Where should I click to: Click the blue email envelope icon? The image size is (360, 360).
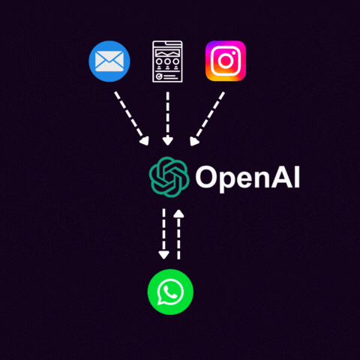point(109,61)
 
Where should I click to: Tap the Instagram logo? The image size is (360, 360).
point(226,61)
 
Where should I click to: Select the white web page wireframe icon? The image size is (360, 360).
point(167,61)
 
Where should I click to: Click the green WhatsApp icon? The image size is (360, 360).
point(170,292)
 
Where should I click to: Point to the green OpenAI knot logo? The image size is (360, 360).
point(169,177)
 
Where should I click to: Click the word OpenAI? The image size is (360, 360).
point(247,178)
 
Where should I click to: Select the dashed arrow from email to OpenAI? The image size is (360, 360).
point(131,118)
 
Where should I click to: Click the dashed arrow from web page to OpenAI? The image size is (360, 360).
point(168,118)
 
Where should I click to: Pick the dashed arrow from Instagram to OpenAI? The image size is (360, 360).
point(207,118)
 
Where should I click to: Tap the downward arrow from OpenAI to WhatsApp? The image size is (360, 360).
point(163,234)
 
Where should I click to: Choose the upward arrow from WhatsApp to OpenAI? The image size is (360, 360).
point(178,234)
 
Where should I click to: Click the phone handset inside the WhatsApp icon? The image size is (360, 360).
point(170,292)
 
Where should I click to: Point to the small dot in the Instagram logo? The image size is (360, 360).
point(234,53)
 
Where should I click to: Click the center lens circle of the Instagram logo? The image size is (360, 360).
point(226,61)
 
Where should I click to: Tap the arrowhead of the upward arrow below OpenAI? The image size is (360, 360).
point(178,213)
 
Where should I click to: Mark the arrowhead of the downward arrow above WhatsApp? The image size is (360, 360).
point(163,255)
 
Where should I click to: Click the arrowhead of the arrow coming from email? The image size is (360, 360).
point(145,141)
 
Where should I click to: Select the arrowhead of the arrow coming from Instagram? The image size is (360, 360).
point(194,142)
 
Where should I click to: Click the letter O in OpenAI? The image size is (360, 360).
point(206,176)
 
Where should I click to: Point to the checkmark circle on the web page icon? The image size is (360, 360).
point(159,76)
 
